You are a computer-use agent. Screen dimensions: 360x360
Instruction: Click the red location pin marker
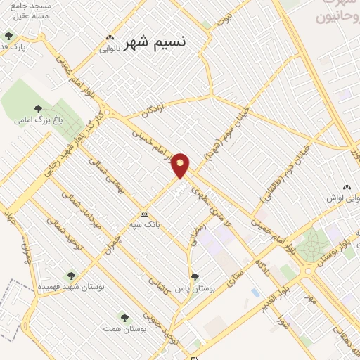tap(181, 165)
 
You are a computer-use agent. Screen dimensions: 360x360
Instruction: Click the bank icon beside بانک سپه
tap(144, 214)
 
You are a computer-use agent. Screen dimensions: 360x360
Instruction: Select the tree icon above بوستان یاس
tap(195, 277)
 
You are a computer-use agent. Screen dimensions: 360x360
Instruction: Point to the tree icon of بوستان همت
tap(124, 318)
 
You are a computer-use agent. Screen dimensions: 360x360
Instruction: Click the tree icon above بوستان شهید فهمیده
tap(70, 276)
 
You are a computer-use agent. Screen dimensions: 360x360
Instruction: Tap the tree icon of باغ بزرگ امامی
tap(38, 109)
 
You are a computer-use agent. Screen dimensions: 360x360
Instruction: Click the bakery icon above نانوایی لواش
tap(345, 187)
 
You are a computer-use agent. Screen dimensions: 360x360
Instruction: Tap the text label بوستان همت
tap(123, 329)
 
